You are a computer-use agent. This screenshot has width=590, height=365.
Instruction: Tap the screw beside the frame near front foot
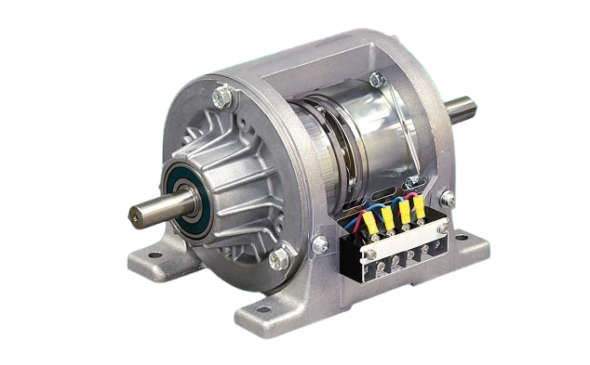(319, 245)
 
